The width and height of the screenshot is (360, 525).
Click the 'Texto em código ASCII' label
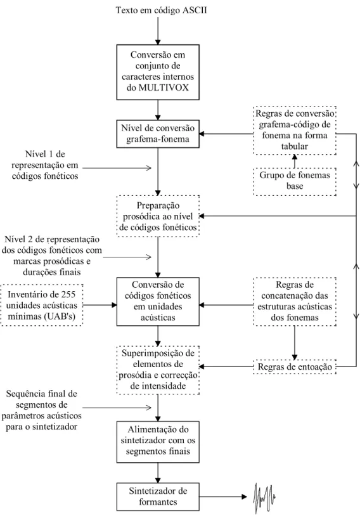(x=161, y=10)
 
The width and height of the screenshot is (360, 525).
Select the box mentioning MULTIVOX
(x=158, y=72)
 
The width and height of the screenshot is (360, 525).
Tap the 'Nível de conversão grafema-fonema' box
(x=158, y=134)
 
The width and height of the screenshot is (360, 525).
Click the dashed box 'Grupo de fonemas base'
(x=295, y=181)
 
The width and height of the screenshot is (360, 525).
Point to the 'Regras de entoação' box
(x=295, y=366)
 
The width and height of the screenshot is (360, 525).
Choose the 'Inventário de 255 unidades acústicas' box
(x=41, y=305)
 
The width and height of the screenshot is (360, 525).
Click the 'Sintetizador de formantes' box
(x=158, y=496)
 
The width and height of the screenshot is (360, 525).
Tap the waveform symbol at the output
(x=265, y=498)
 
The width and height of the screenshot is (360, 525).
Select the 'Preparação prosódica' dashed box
(x=158, y=216)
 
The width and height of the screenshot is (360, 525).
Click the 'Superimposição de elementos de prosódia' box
(x=158, y=370)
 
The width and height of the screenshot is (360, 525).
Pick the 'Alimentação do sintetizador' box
(x=158, y=442)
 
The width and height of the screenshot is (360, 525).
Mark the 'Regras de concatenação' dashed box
(x=295, y=301)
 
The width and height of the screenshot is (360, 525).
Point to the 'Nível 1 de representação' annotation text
(x=45, y=165)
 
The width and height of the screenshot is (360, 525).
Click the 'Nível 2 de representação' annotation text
(x=52, y=256)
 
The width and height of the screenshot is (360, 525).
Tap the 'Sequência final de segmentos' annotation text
(x=41, y=410)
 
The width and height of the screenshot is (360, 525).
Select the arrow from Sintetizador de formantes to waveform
(x=223, y=496)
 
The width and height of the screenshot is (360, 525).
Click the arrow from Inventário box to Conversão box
(x=100, y=305)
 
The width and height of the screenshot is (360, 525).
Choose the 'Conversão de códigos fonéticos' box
(x=158, y=301)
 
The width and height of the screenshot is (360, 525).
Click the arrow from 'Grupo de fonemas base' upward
(x=295, y=162)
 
